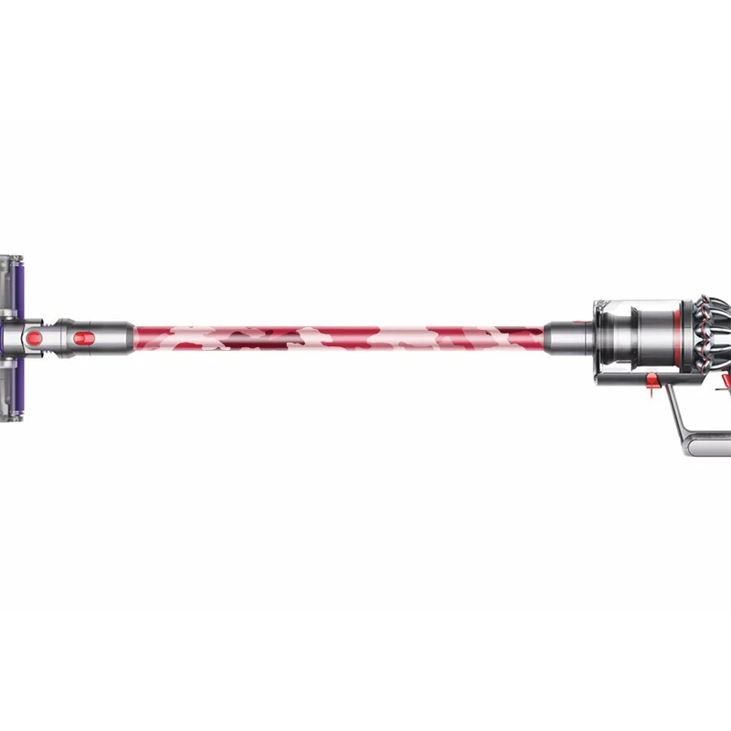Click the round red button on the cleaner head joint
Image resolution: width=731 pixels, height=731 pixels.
point(34,339)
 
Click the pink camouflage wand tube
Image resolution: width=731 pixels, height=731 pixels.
point(338,337)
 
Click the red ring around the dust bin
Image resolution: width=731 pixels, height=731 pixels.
point(676,334)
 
